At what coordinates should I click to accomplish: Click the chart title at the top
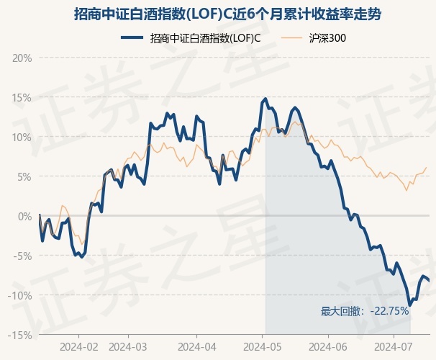pos(227,14)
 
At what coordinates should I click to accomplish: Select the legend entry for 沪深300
pos(314,38)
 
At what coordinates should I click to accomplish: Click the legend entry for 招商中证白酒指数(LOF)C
pos(191,38)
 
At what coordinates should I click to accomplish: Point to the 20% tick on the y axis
pos(22,58)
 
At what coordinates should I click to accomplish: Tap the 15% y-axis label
pos(22,98)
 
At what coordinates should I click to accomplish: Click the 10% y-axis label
pos(22,138)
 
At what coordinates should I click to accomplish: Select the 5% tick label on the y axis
pos(24,177)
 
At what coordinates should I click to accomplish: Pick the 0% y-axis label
pos(24,217)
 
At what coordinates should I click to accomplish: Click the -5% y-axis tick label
pos(22,256)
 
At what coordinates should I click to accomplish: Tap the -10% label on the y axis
pos(20,295)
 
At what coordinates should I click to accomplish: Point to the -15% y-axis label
pos(20,336)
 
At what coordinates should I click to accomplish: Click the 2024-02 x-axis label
pos(79,347)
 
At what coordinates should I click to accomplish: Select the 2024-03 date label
pos(128,347)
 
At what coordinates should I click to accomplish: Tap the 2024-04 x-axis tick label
pos(197,347)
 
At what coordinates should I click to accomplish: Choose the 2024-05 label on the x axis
pos(262,347)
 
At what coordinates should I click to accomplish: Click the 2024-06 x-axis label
pos(328,347)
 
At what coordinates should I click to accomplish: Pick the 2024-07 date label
pos(394,347)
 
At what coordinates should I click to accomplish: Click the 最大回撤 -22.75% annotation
pos(365,311)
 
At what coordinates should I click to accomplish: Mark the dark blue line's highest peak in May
pos(265,99)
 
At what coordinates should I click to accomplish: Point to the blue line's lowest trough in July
pos(409,305)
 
